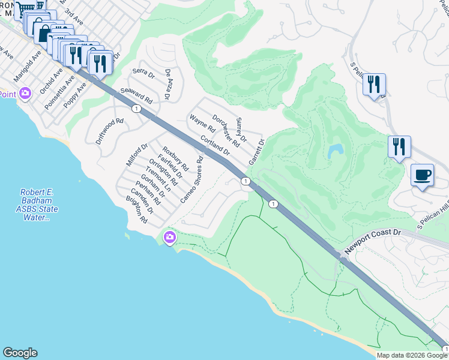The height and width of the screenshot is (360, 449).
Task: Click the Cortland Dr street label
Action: coord(215,143)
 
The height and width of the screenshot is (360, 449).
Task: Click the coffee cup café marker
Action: coord(423,175)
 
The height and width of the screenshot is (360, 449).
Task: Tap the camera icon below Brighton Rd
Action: coord(170,238)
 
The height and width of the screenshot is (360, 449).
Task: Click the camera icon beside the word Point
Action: coord(25,93)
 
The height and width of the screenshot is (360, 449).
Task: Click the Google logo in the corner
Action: coord(20,353)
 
